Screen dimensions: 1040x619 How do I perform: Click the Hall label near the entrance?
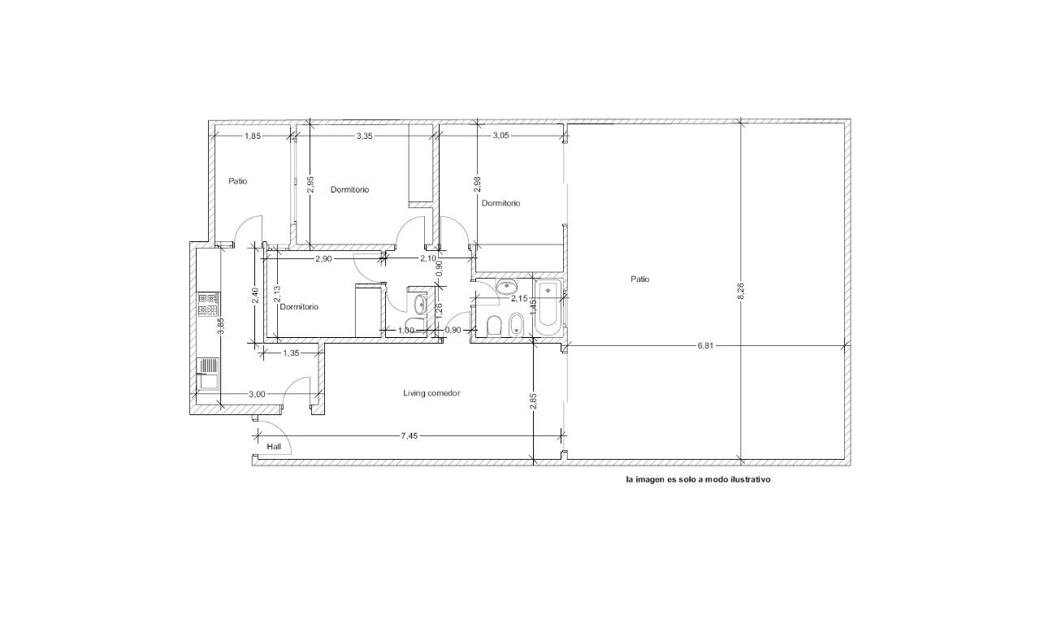274,447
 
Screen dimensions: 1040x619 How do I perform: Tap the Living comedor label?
431,393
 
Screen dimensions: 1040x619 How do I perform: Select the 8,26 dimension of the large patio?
740,291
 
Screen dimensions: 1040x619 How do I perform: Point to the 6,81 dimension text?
704,346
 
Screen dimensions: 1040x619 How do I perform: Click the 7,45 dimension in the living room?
409,435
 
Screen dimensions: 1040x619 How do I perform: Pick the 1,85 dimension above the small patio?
253,136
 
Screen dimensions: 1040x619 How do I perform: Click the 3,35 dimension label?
365,136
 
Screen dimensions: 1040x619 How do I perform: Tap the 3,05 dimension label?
500,136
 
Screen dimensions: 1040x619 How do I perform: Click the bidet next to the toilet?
515,325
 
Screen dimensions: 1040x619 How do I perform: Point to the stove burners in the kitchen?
208,305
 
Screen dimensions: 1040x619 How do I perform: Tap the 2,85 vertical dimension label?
533,401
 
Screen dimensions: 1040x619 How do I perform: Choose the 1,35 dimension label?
291,353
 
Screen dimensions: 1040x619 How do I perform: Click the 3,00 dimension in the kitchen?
257,395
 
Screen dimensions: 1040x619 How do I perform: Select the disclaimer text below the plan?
698,479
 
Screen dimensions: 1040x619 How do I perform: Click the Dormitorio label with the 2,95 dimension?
349,189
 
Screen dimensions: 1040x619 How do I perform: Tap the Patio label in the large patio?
639,279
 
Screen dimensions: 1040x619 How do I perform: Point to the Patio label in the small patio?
238,181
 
